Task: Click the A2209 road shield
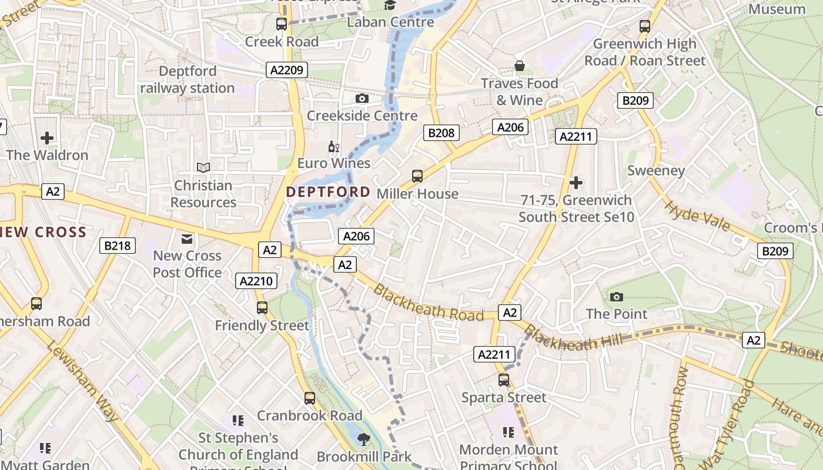287,70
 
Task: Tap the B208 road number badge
441,133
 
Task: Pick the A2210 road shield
257,281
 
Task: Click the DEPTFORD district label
328,192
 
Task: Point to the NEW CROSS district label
44,232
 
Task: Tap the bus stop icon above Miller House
417,176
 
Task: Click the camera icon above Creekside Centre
362,98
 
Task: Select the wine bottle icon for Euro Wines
333,146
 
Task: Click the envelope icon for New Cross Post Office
187,239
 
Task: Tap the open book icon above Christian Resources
203,168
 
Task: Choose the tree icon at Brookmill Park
364,439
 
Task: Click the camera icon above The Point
616,297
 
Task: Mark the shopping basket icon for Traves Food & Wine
519,66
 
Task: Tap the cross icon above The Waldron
47,138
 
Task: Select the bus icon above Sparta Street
504,380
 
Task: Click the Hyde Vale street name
697,216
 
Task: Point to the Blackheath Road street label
428,303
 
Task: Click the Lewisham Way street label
82,381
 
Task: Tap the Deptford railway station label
188,79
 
